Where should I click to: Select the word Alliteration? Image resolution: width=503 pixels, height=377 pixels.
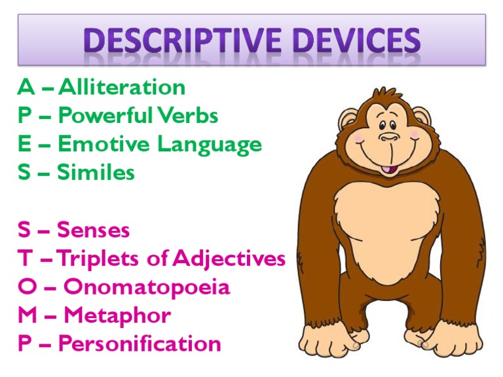(122, 87)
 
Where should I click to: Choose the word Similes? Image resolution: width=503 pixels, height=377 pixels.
(96, 173)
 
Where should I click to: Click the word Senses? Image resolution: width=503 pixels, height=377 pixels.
(94, 230)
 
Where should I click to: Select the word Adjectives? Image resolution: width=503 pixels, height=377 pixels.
(230, 259)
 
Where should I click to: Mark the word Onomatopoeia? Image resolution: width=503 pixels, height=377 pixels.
(147, 287)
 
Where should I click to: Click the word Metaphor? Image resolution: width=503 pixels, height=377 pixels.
(117, 315)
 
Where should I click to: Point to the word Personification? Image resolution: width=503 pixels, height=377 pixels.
(140, 344)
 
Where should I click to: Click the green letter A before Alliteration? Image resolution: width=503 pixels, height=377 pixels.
(26, 87)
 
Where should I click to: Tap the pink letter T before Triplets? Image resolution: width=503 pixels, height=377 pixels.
(26, 259)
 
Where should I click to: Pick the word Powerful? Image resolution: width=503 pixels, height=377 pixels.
(105, 116)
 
